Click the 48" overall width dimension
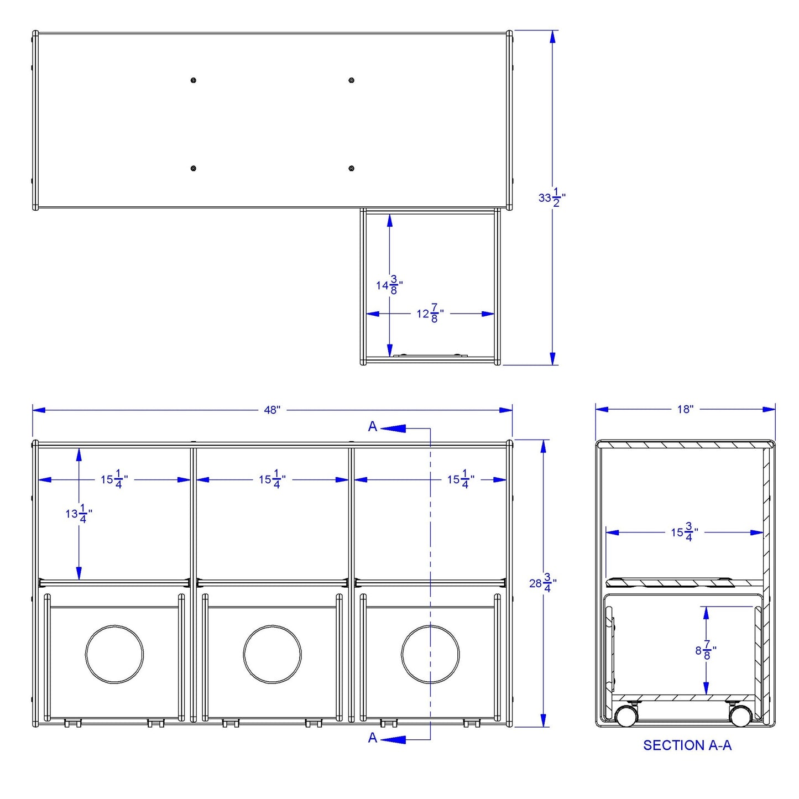272,410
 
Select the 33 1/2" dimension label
552,198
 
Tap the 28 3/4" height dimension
543,583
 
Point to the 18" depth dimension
686,409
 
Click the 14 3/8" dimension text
389,285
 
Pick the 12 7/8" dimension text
430,314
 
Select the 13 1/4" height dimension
79,514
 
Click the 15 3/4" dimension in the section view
685,532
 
